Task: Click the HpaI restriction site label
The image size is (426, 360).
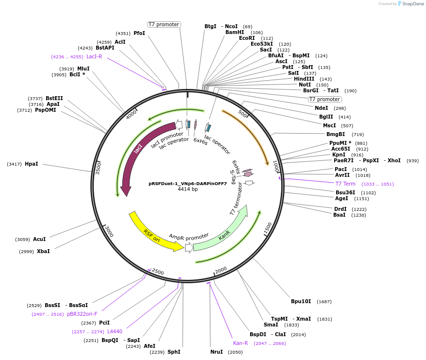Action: (31, 164)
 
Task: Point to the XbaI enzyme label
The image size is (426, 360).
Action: (43, 251)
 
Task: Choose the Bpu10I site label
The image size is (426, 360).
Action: (301, 302)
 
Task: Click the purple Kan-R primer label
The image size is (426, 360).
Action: (240, 343)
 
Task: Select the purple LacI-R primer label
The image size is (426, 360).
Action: (94, 56)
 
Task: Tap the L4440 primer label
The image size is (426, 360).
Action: (115, 331)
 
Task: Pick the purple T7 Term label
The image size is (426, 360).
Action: (346, 184)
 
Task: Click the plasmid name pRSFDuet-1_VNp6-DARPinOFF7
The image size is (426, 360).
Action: (187, 184)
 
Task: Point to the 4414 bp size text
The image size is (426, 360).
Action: (187, 189)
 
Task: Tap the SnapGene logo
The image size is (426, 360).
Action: (410, 4)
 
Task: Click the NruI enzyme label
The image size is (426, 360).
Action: (217, 352)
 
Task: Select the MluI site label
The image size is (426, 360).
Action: (83, 69)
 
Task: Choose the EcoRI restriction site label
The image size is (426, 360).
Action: (247, 38)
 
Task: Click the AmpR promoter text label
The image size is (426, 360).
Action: (189, 237)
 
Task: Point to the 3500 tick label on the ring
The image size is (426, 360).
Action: (98, 169)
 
